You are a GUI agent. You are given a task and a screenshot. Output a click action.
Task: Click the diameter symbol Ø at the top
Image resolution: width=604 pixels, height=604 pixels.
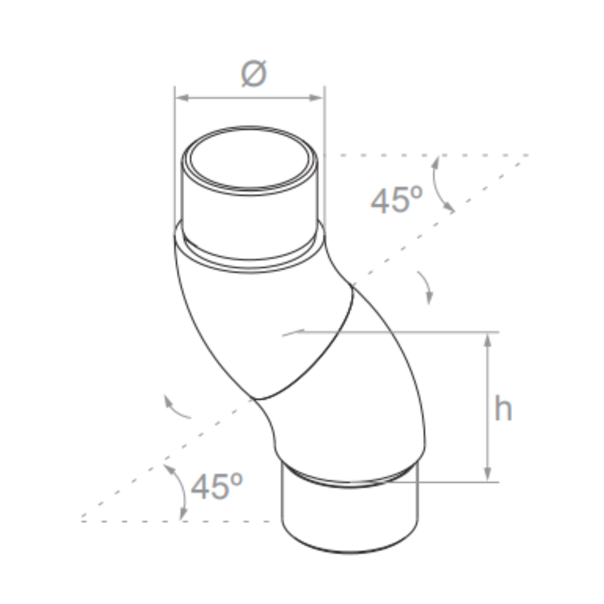click(x=254, y=74)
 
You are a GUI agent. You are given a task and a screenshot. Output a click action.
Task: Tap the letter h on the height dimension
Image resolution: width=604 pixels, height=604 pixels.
click(x=502, y=408)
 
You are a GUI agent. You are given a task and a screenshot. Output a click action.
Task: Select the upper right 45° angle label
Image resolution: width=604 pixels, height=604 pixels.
click(x=396, y=200)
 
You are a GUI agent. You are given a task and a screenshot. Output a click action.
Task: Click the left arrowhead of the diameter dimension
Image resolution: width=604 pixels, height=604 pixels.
click(x=183, y=98)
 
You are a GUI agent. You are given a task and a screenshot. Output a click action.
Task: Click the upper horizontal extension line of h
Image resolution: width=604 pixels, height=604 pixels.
click(x=406, y=332)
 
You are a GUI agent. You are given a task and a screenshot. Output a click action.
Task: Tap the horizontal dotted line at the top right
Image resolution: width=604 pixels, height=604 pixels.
click(x=438, y=155)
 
